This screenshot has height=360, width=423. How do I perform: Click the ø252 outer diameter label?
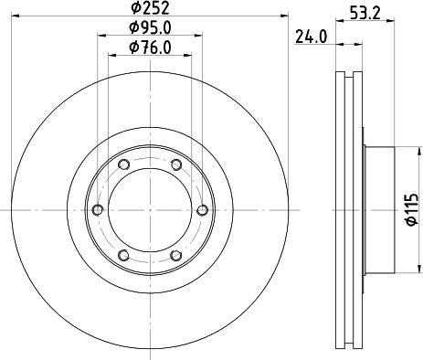[149, 8]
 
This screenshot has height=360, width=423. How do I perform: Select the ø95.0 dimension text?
[149, 27]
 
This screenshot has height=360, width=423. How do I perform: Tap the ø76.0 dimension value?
[149, 47]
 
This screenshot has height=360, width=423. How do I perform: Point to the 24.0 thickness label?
[312, 37]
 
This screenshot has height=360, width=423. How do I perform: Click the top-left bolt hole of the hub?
[123, 165]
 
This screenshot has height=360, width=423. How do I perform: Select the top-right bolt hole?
[175, 165]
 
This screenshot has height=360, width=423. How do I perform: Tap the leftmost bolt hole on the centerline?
[97, 211]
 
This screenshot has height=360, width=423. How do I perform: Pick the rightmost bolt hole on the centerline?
[202, 211]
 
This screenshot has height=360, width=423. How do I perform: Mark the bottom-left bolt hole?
[123, 257]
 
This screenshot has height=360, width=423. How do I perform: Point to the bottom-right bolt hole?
[175, 257]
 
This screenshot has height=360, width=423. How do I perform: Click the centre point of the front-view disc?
[149, 211]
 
